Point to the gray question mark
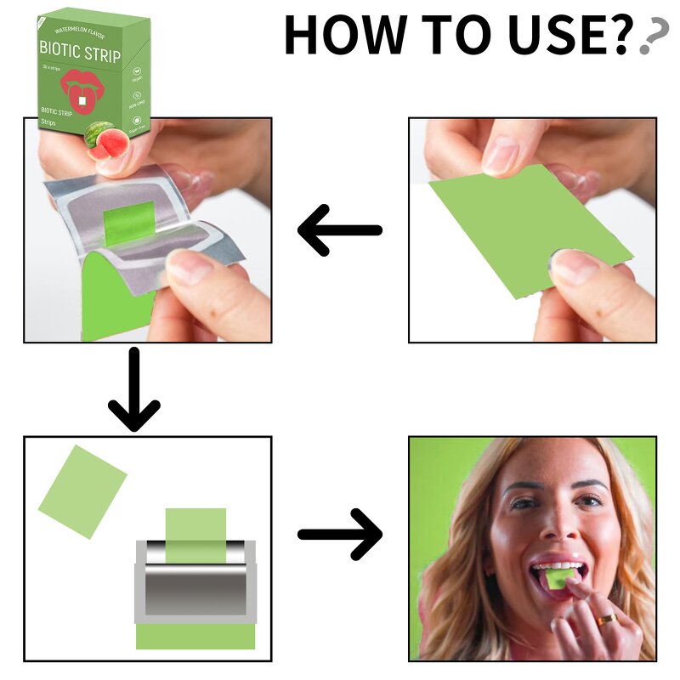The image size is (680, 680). tap(652, 36)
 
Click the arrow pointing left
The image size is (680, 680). tap(339, 230)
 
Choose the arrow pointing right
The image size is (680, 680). tap(340, 534)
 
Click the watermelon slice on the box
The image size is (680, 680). tap(102, 139)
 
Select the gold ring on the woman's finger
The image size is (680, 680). tap(605, 620)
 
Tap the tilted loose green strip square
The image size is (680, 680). tap(82, 491)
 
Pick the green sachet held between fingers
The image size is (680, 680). tap(531, 229)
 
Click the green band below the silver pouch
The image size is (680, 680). tap(195, 637)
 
